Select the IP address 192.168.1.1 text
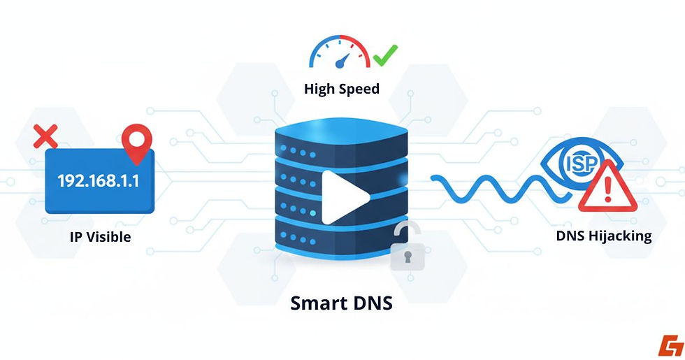99,181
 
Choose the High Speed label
342,89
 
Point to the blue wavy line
489,188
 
